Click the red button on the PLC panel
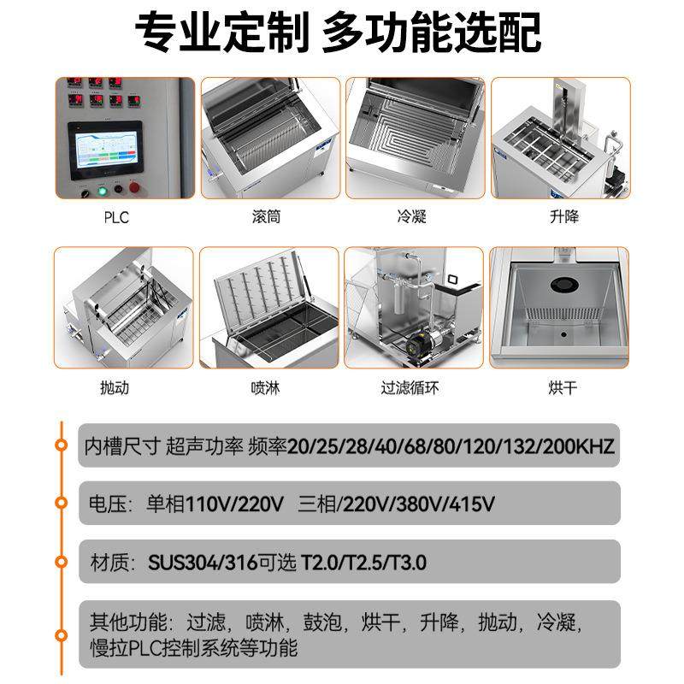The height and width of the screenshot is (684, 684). (133, 189)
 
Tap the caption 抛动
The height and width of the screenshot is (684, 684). (115, 388)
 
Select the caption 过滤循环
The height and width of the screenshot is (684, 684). (410, 388)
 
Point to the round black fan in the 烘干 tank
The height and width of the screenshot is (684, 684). (563, 286)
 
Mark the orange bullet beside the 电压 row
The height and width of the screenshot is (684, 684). (61, 503)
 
